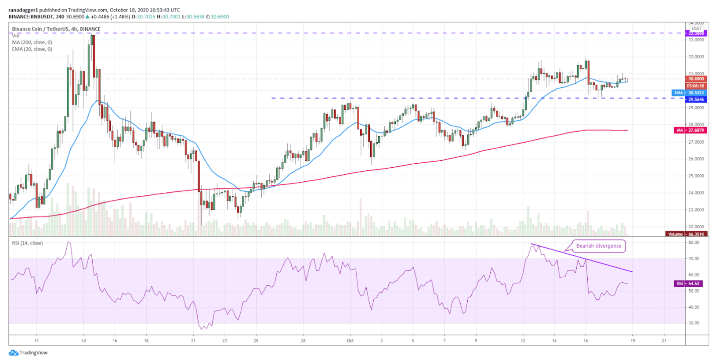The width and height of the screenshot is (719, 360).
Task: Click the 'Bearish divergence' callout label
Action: [599, 246]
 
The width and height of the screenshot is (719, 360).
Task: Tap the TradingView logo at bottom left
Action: [28, 353]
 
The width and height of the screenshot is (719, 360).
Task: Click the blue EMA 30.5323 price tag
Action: [690, 93]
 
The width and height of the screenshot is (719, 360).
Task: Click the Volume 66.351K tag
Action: [686, 234]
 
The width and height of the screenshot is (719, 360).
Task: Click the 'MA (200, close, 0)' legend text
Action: [32, 43]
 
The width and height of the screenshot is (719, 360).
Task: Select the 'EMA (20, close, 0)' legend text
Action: [32, 49]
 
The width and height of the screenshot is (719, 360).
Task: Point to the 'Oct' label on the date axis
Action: [350, 340]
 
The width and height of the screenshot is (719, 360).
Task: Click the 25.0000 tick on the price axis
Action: [696, 176]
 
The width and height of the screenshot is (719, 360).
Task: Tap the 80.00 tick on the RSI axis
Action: [694, 243]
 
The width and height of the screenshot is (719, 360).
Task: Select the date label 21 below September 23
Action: [193, 340]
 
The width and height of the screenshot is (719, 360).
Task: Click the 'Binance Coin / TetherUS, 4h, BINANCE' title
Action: [56, 29]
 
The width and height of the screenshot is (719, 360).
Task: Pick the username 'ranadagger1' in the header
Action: [23, 10]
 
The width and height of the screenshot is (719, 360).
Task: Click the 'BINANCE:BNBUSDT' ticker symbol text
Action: [30, 17]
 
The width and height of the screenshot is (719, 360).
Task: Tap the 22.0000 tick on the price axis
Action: [696, 227]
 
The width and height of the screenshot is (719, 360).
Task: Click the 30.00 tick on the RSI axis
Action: [694, 323]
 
